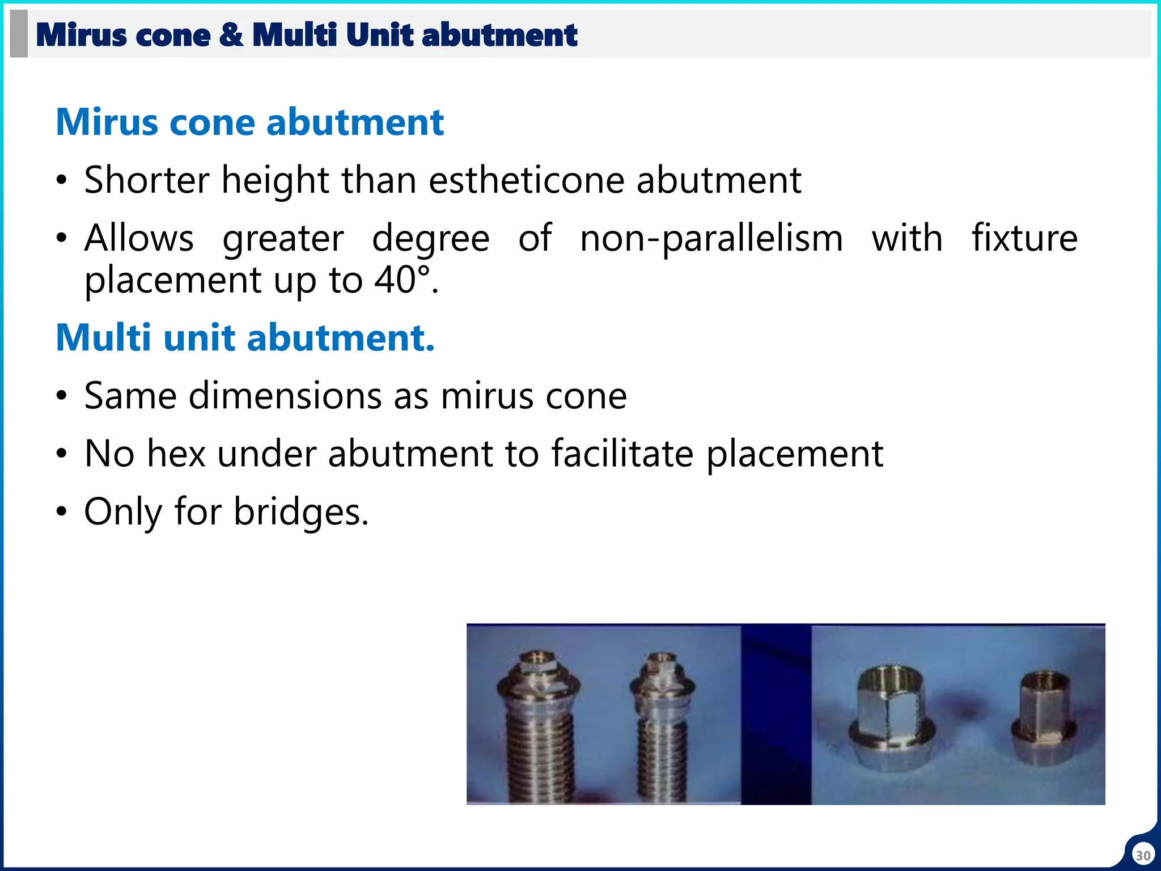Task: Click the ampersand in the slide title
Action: tap(231, 35)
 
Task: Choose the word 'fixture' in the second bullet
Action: tap(1024, 238)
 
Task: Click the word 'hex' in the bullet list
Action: tap(176, 454)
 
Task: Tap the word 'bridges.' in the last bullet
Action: tap(301, 512)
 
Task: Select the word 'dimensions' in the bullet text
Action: tap(285, 396)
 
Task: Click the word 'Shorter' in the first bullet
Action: tap(147, 180)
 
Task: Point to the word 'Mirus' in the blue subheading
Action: tap(107, 122)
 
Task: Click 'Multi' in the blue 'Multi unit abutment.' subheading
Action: tap(103, 338)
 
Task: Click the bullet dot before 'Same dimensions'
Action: tap(62, 396)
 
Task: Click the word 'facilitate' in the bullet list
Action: tap(622, 454)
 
